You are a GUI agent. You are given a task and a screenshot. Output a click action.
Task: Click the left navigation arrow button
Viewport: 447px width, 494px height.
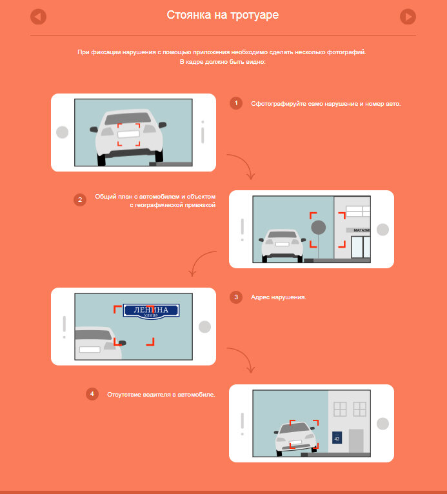click(x=39, y=17)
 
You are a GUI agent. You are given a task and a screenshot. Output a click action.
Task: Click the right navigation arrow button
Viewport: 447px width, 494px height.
click(x=408, y=17)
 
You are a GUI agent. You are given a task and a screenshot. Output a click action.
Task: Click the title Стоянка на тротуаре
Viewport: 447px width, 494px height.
click(x=223, y=15)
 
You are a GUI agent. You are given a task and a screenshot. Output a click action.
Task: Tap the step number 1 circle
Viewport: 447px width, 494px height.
click(x=236, y=103)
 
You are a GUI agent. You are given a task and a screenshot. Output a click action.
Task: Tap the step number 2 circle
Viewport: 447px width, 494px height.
click(x=80, y=200)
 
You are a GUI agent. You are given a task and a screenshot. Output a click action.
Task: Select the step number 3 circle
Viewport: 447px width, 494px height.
click(x=236, y=297)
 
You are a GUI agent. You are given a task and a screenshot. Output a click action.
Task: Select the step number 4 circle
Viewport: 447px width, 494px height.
click(x=92, y=394)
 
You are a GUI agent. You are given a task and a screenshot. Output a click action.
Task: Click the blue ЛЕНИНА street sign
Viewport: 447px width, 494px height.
click(x=151, y=311)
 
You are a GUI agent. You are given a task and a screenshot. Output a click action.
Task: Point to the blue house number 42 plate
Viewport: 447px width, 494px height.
click(x=337, y=438)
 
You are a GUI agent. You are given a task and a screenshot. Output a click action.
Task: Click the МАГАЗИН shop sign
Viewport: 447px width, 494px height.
click(x=359, y=230)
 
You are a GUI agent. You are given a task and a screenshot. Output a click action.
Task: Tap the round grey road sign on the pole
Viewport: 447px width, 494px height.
click(x=319, y=227)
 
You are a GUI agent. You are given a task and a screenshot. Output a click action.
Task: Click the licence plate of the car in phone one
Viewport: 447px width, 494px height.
click(x=128, y=134)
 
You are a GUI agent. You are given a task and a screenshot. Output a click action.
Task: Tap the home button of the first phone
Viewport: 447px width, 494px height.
click(x=63, y=132)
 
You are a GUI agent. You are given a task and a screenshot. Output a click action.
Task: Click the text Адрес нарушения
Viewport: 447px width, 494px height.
click(x=279, y=297)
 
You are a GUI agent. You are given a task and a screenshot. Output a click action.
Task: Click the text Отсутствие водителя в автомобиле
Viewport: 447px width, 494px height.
click(x=161, y=395)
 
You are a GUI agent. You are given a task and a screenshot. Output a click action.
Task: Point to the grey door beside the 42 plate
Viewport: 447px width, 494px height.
click(x=356, y=440)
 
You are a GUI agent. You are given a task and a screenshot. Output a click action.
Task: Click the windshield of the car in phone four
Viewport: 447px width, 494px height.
click(x=295, y=428)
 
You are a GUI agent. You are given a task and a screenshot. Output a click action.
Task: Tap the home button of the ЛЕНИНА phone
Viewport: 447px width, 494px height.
click(x=204, y=327)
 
